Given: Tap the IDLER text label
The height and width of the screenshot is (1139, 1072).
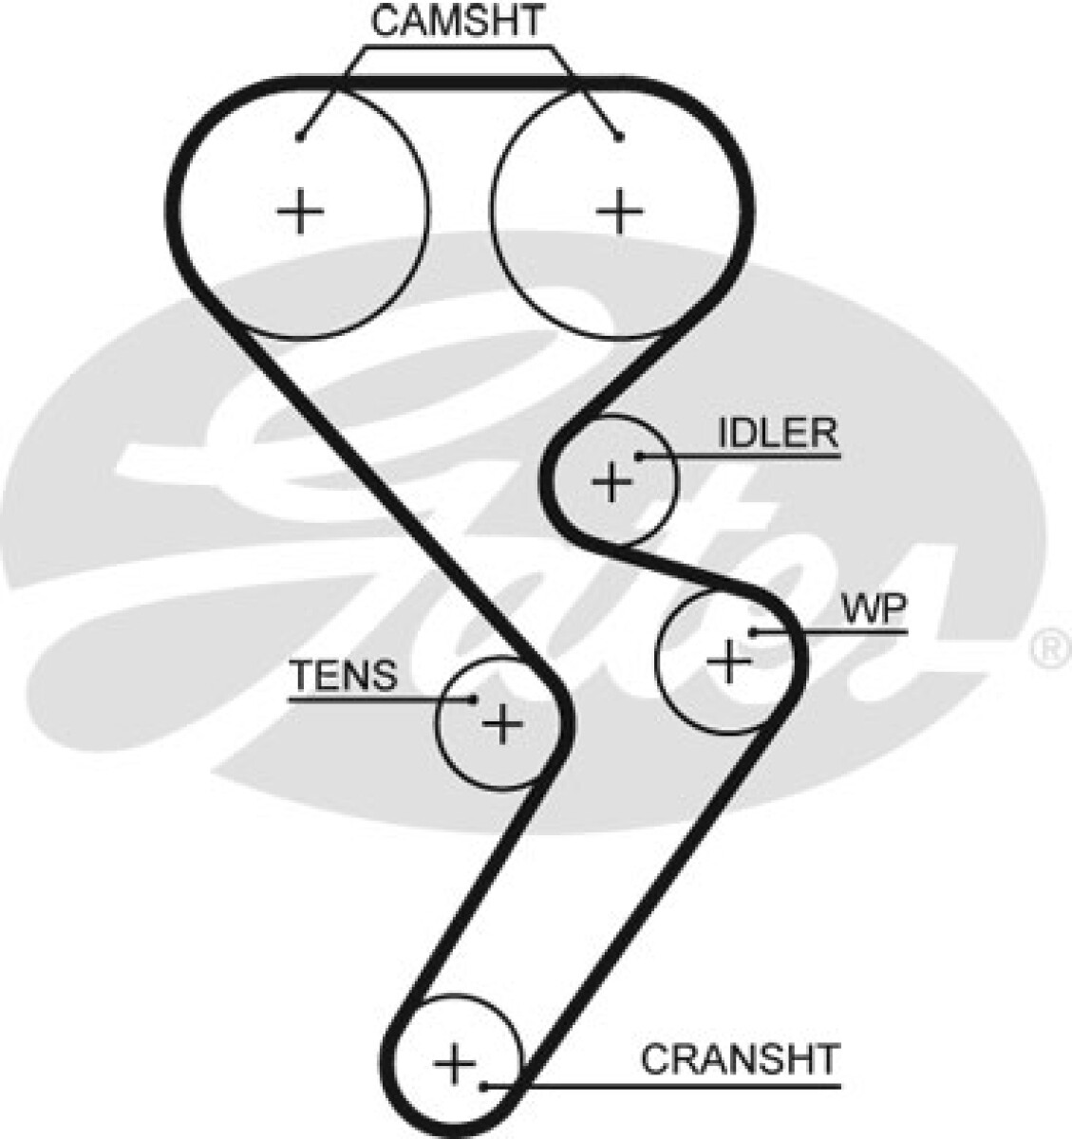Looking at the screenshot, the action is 778,433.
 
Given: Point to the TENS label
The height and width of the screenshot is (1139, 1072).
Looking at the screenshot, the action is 345,675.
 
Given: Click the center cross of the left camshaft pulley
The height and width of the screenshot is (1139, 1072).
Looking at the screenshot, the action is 299,211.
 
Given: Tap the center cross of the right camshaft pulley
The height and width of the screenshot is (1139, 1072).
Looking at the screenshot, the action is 619,211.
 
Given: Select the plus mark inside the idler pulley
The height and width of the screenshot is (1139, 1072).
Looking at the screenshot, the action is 611,481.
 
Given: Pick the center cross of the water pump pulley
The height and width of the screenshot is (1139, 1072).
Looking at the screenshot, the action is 729,662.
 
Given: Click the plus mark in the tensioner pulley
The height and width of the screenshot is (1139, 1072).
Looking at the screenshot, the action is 502,724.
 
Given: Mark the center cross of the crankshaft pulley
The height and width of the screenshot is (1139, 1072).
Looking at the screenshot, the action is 455,1064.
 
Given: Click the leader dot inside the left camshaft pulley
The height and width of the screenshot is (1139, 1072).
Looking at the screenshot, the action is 298,137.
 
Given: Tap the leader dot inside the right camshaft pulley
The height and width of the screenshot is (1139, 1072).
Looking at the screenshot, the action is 619,138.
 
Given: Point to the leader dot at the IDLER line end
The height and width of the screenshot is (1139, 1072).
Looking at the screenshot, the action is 639,457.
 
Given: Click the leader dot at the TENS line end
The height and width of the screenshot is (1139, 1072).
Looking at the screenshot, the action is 474,700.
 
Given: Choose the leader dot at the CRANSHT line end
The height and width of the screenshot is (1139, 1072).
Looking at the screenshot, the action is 484,1086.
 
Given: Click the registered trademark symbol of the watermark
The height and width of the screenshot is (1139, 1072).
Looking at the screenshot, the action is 1052,651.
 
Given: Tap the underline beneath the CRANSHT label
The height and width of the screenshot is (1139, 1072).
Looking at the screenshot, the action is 662,1086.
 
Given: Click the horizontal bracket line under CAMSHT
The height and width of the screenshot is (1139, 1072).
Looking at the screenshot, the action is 458,47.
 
